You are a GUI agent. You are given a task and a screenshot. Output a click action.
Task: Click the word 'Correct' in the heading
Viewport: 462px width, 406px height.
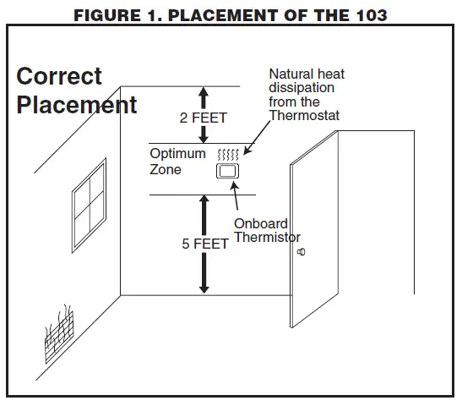[x=59, y=76]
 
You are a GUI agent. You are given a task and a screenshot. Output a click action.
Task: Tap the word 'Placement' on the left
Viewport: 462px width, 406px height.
[x=76, y=105]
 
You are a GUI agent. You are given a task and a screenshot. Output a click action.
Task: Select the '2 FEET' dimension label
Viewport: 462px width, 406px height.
[x=203, y=118]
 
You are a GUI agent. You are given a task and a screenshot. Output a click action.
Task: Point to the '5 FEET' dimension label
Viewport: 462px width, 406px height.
[x=204, y=244]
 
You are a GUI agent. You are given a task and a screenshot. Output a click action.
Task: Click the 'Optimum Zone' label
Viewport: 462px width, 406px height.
[x=177, y=162]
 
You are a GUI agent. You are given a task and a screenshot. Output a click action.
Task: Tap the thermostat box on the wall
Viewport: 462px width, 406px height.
[x=228, y=172]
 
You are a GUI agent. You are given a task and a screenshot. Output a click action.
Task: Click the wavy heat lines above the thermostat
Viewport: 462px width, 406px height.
[x=228, y=154]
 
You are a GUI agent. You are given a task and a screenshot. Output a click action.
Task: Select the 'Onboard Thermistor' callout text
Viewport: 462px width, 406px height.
[x=266, y=231]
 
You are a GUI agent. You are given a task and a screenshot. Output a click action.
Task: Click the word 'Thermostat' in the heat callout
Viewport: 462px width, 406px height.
[x=304, y=115]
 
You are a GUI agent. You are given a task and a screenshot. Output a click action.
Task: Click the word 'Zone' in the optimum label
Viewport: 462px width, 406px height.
[x=166, y=169]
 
